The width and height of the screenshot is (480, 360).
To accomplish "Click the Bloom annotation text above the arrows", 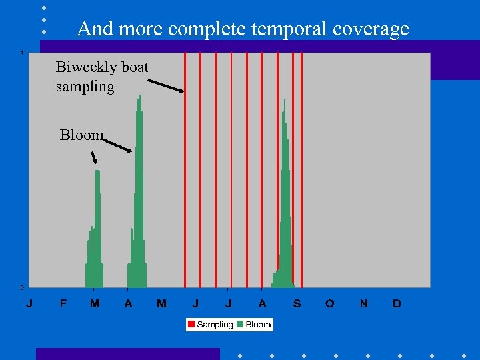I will pyautogui.click(x=81, y=135).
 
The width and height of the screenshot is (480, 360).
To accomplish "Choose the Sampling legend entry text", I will pyautogui.click(x=215, y=325).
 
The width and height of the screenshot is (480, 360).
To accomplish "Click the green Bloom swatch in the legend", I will pyautogui.click(x=241, y=325).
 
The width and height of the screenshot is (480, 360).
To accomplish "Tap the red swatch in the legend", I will pyautogui.click(x=191, y=325).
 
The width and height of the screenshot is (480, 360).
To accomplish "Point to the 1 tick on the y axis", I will pyautogui.click(x=22, y=53).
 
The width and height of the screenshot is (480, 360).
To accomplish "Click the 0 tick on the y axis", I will pyautogui.click(x=22, y=287).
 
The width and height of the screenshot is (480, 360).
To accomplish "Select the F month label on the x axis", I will pyautogui.click(x=63, y=304).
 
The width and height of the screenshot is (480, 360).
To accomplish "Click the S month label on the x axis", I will pyautogui.click(x=297, y=304).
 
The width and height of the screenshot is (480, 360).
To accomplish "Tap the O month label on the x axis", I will pyautogui.click(x=330, y=304).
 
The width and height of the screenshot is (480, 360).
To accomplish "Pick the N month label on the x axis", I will pyautogui.click(x=363, y=304).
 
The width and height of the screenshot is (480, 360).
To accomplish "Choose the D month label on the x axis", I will pyautogui.click(x=397, y=304).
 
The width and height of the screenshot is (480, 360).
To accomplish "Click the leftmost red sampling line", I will pyautogui.click(x=185, y=167).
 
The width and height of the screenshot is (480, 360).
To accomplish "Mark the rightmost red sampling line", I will pyautogui.click(x=302, y=167).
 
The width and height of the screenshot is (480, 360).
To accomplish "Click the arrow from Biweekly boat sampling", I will pyautogui.click(x=165, y=85).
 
